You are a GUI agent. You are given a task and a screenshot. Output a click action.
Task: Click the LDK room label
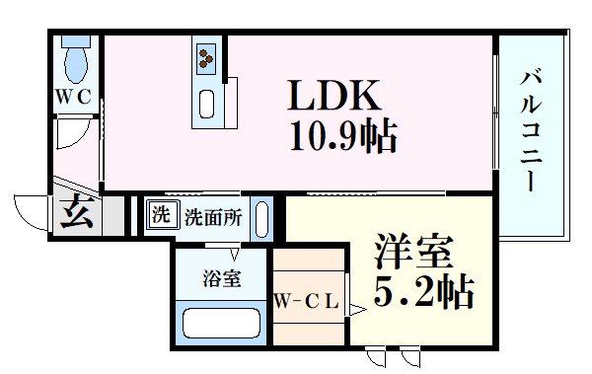(x=333, y=95)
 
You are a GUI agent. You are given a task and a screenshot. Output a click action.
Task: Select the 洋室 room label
(x=412, y=252)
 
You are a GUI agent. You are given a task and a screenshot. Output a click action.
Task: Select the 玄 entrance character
(x=76, y=212)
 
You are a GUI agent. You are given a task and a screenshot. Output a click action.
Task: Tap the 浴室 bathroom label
(x=221, y=278)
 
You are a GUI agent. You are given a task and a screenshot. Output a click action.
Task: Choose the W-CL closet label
(x=306, y=302)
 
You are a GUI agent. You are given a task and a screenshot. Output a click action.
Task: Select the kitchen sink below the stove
(x=207, y=103)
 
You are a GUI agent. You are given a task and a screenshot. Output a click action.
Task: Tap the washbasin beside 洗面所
(x=261, y=218)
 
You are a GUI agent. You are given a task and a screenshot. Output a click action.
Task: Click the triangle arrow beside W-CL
(x=356, y=309)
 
